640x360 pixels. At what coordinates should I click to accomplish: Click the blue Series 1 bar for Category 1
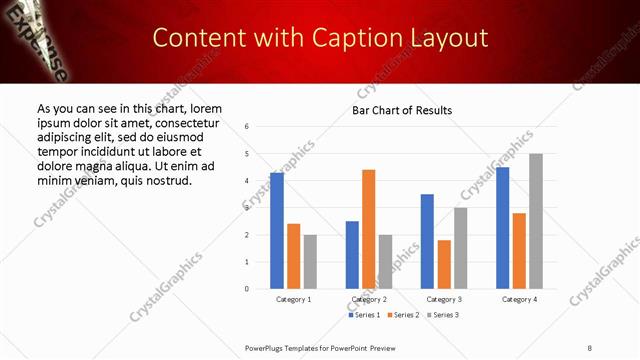click(x=277, y=230)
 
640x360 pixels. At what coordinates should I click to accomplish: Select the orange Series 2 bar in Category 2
click(x=368, y=229)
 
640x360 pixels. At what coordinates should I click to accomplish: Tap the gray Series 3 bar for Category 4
click(x=536, y=221)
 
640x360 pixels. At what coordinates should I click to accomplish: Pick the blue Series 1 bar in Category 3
click(x=427, y=241)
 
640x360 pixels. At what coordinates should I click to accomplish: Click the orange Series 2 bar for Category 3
click(x=444, y=264)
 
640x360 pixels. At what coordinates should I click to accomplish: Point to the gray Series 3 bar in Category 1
click(x=310, y=261)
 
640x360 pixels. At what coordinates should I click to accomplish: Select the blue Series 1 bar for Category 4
click(x=502, y=227)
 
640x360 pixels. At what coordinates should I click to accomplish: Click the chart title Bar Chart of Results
click(x=402, y=110)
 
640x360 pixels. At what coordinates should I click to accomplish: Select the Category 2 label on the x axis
click(x=369, y=299)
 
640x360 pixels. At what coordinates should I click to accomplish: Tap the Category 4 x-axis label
click(x=519, y=299)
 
